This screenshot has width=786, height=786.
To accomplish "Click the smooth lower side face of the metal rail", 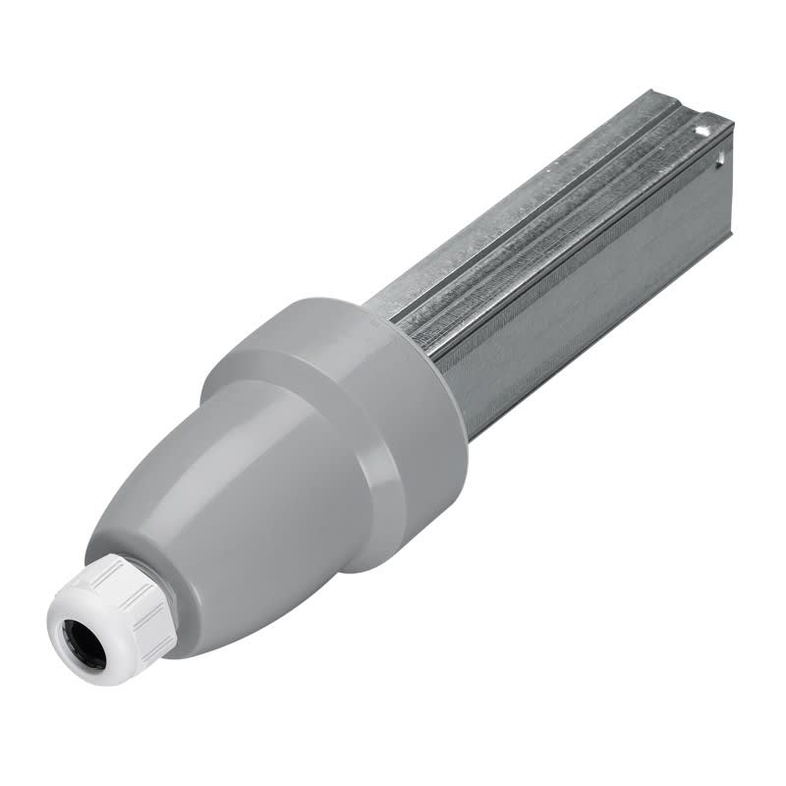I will pos(589,295).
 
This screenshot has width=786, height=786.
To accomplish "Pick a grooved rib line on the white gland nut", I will pos(147,619).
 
